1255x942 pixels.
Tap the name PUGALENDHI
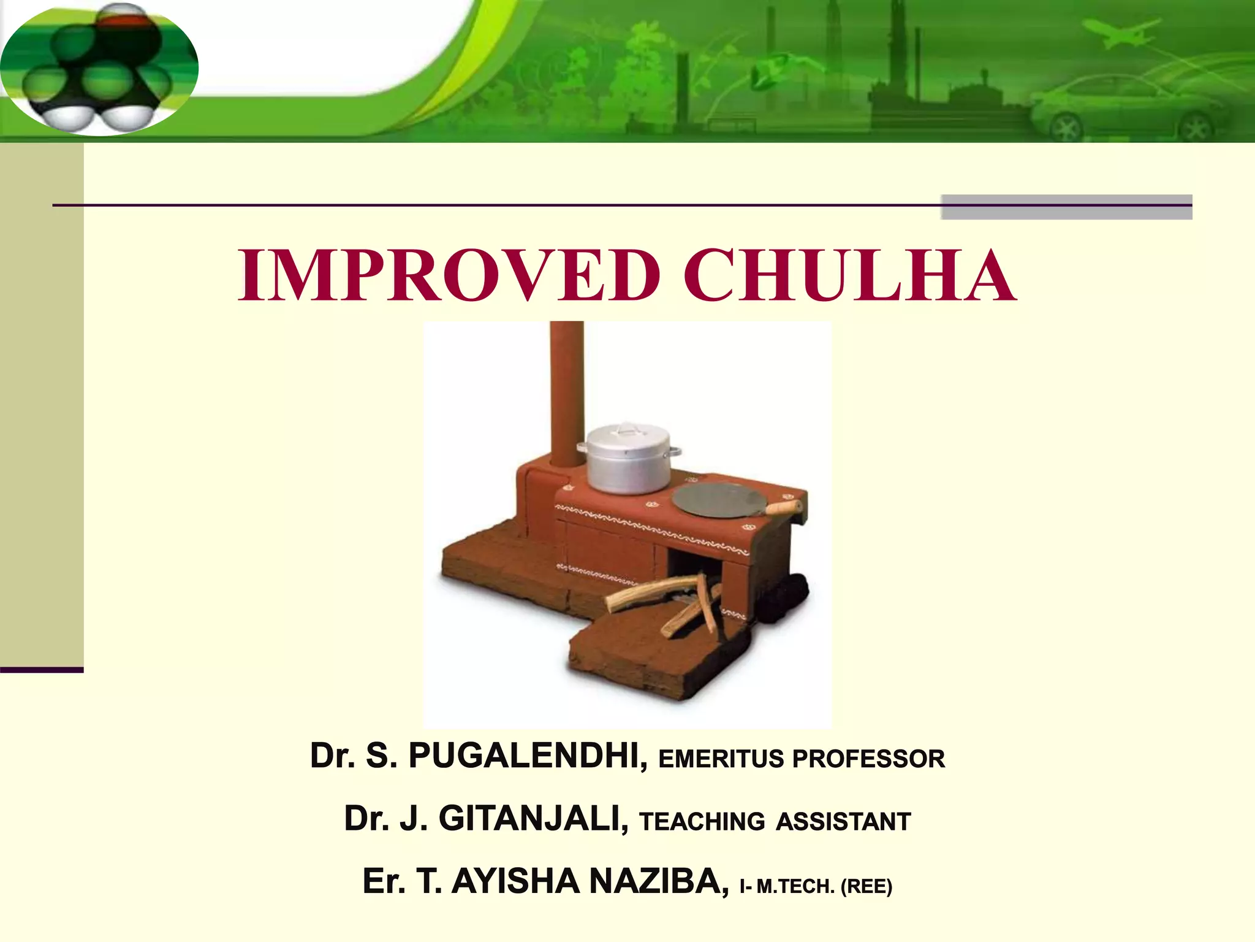click(x=528, y=756)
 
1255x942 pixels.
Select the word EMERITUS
click(x=721, y=759)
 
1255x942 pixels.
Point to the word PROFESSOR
click(x=868, y=759)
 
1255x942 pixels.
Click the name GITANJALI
click(x=533, y=819)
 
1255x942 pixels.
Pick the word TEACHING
click(x=702, y=822)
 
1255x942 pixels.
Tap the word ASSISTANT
click(x=843, y=822)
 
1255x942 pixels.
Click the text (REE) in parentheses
click(x=866, y=886)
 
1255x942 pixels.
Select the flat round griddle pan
click(x=717, y=500)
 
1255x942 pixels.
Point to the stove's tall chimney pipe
click(x=566, y=392)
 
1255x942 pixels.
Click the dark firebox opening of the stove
click(x=692, y=567)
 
